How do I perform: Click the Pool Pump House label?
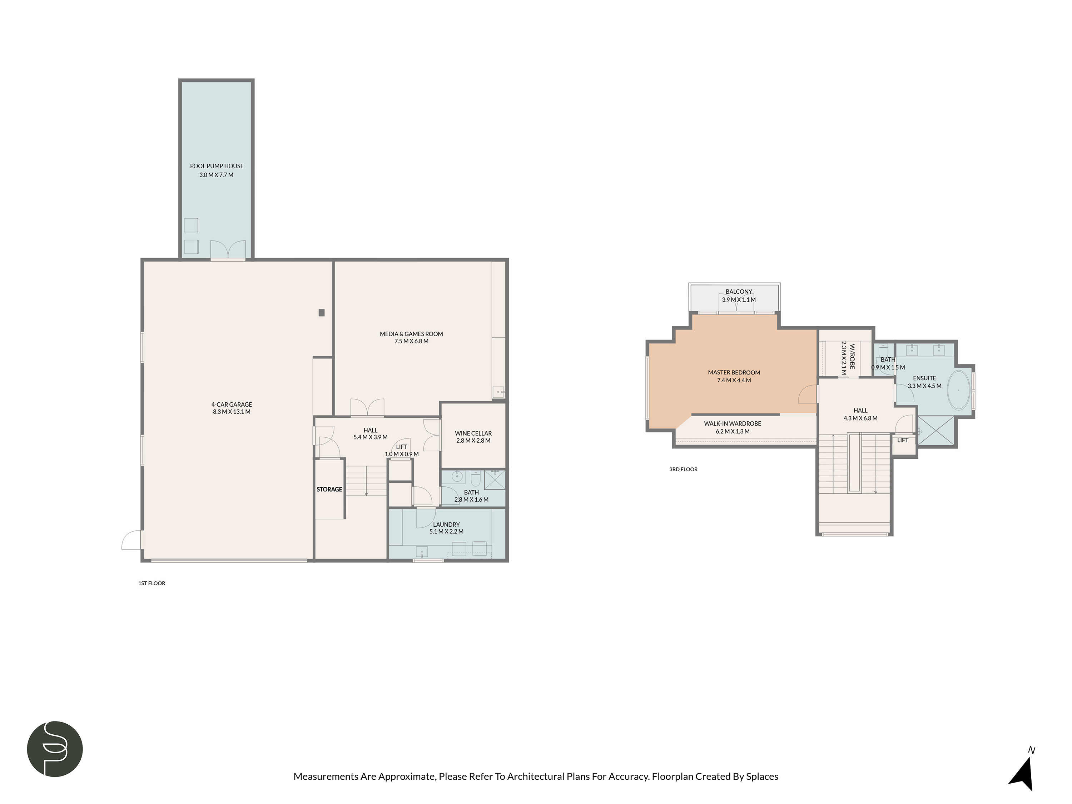click(x=217, y=166)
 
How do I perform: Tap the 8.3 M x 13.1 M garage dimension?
click(x=232, y=412)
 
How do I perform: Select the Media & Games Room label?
click(x=411, y=334)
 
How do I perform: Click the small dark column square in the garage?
click(x=321, y=313)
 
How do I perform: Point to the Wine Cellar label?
click(x=473, y=433)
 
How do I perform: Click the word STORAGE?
click(x=329, y=490)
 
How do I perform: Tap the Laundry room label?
click(x=446, y=524)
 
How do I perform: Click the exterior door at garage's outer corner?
click(x=131, y=540)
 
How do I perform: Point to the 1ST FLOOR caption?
click(x=152, y=583)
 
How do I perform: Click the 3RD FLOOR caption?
click(x=683, y=469)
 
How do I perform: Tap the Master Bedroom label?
click(x=734, y=373)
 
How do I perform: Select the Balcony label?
click(x=739, y=292)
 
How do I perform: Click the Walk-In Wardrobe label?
click(x=732, y=423)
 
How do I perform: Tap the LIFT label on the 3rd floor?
click(x=902, y=440)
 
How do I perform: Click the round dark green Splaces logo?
click(x=55, y=749)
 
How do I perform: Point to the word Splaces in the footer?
click(x=762, y=776)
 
